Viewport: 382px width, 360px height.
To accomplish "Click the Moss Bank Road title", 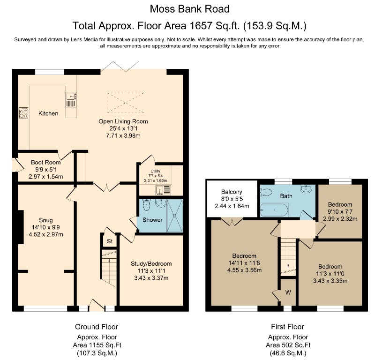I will click(x=190, y=8).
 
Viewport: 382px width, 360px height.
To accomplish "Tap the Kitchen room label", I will click(x=48, y=113).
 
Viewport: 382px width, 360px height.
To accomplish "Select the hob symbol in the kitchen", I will click(x=23, y=113).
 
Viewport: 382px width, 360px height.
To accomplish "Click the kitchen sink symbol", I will click(x=70, y=100).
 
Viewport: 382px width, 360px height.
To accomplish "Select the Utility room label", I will click(x=155, y=171).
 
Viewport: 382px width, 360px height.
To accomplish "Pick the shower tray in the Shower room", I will click(x=175, y=215).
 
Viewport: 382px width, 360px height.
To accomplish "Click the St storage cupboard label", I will click(x=109, y=242).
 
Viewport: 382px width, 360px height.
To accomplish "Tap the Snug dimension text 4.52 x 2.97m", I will click(x=46, y=234).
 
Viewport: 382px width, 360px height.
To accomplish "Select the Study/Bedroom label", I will click(x=151, y=263).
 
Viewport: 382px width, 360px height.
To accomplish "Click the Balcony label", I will click(x=232, y=192).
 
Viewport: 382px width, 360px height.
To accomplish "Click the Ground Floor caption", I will click(x=97, y=327).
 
